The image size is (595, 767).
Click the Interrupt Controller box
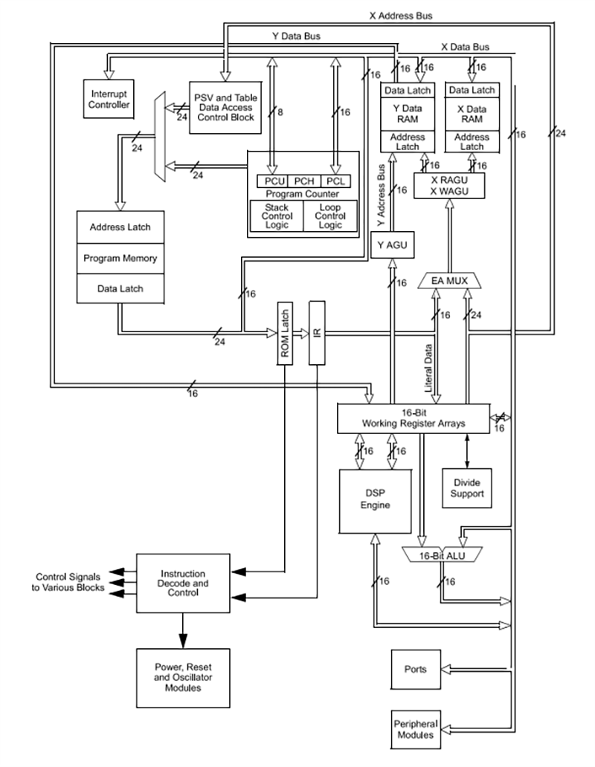[x=110, y=100]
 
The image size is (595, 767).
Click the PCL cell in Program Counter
[x=336, y=181]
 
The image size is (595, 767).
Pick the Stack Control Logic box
[x=277, y=216]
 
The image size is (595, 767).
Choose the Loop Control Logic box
[x=329, y=216]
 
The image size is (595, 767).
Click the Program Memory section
[x=119, y=259]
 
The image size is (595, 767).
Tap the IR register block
[x=318, y=332]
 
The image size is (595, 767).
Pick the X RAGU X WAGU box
[x=449, y=185]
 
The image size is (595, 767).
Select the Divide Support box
[x=467, y=488]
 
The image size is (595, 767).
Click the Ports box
[x=415, y=669]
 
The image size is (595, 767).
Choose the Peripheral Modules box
[x=415, y=729]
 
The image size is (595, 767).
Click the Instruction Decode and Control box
[x=184, y=583]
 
